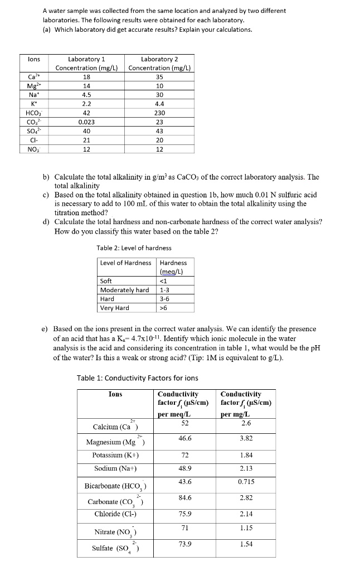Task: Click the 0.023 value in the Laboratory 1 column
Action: pos(86,122)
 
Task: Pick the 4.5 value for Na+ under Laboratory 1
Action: pos(86,95)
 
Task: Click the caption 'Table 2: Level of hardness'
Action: pos(134,248)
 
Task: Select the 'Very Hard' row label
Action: pos(114,308)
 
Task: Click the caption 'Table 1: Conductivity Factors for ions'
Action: pos(137,378)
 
